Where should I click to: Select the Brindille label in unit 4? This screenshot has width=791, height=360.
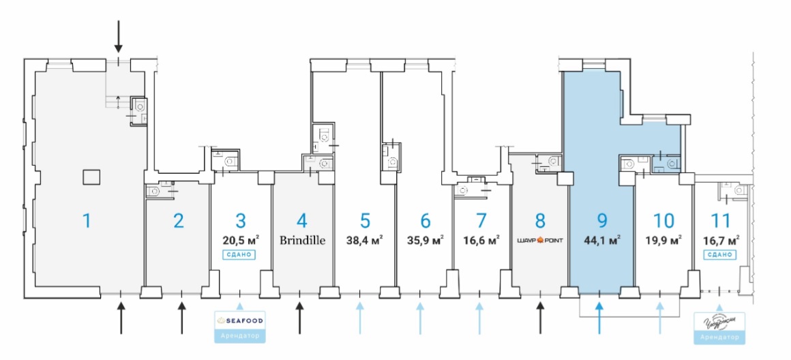[302, 240]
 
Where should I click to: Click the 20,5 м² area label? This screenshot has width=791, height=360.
[239, 240]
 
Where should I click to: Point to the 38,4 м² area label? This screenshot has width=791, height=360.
[365, 240]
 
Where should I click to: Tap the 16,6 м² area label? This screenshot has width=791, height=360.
[482, 240]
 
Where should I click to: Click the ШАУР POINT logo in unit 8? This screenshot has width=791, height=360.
[539, 240]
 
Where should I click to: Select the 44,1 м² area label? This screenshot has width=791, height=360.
[601, 240]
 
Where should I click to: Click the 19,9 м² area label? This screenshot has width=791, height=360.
[663, 240]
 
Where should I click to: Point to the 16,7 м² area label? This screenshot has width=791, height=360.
[721, 240]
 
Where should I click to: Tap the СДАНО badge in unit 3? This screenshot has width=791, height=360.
[239, 254]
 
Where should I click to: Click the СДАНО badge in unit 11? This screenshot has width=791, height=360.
[720, 254]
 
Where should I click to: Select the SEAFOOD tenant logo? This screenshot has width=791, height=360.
[239, 320]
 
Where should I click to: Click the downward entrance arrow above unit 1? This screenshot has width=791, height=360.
[119, 36]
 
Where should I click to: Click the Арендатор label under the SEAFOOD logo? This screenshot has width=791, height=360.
[239, 336]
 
